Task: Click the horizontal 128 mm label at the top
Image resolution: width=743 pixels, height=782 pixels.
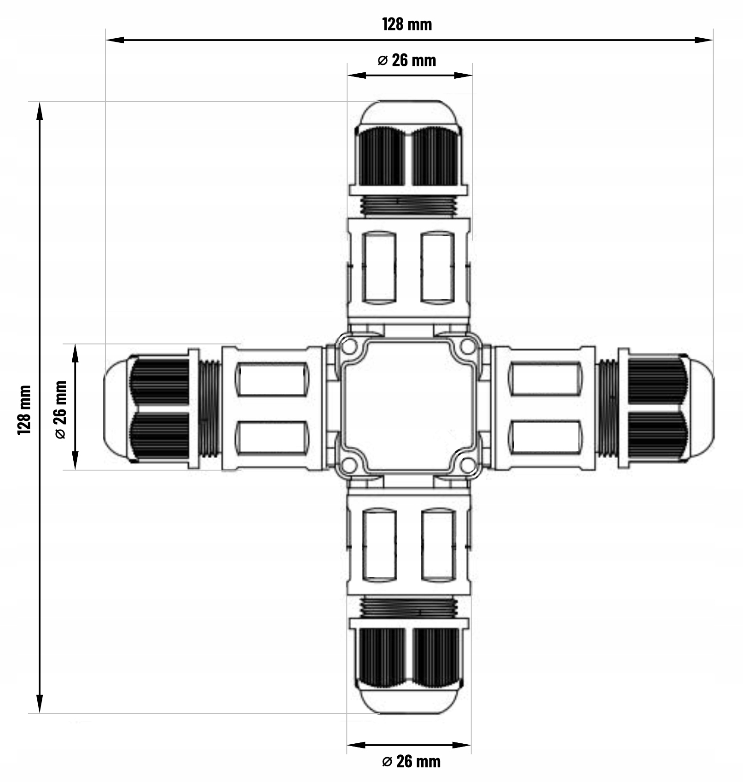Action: [x=407, y=24]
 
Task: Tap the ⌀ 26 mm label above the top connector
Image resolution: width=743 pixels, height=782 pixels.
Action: [x=406, y=60]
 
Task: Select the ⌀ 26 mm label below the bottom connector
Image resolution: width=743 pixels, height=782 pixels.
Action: [x=411, y=761]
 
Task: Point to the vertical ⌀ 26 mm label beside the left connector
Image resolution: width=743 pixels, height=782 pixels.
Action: [x=60, y=410]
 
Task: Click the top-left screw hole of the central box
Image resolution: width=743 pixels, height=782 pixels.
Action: [x=349, y=346]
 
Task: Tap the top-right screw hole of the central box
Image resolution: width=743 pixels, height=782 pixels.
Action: [x=468, y=346]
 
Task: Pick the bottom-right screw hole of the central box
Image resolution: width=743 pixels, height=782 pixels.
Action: [x=468, y=465]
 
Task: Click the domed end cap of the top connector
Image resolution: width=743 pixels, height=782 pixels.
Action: [x=409, y=112]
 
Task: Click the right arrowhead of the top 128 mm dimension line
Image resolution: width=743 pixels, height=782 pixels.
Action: [x=704, y=40]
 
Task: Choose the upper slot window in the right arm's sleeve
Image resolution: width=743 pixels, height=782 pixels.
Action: [x=545, y=379]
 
